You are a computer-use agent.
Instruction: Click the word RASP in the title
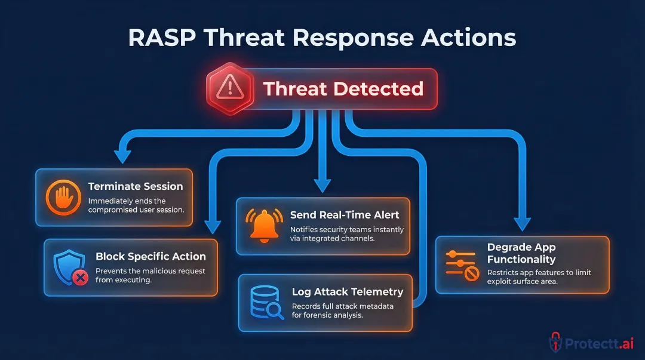pyautogui.click(x=162, y=38)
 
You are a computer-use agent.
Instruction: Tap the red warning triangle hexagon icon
pyautogui.click(x=226, y=89)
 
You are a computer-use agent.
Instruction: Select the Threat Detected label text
pyautogui.click(x=343, y=89)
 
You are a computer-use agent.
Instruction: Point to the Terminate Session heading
pyautogui.click(x=136, y=186)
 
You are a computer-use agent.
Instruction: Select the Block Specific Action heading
pyautogui.click(x=150, y=256)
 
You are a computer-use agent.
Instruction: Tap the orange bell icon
pyautogui.click(x=263, y=226)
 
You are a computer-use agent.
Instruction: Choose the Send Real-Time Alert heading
pyautogui.click(x=345, y=215)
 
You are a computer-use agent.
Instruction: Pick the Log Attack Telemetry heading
pyautogui.click(x=347, y=292)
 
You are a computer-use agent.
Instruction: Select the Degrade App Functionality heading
pyautogui.click(x=521, y=253)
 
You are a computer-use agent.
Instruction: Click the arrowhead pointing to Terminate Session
pyautogui.click(x=122, y=156)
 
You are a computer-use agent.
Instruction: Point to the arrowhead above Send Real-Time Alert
pyautogui.click(x=322, y=186)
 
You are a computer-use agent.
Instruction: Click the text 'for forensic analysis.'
pyautogui.click(x=327, y=315)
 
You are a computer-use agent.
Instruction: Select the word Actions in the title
pyautogui.click(x=466, y=38)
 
